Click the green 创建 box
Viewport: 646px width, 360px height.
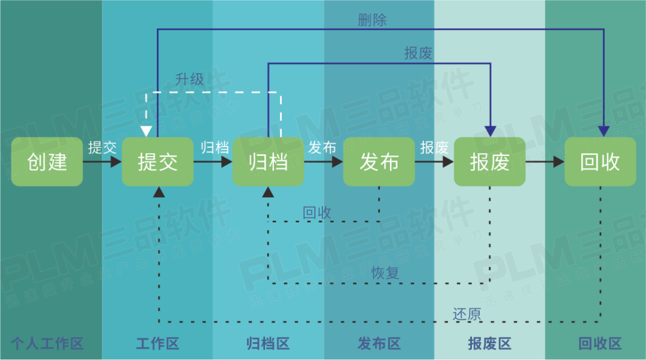47,161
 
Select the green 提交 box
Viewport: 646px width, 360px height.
157,161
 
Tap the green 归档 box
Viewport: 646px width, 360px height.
268,161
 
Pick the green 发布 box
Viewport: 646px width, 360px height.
379,161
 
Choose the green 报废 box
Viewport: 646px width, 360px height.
489,161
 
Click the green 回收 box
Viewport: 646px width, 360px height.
600,161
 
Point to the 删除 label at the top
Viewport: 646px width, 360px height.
372,20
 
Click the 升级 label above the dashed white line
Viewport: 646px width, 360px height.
190,79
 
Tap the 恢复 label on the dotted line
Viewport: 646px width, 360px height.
385,273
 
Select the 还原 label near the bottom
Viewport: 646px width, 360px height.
467,314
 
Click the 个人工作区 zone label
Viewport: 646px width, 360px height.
47,344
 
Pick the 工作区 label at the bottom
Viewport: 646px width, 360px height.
157,344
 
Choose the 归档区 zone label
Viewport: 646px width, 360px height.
268,344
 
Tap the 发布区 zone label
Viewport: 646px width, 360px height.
379,344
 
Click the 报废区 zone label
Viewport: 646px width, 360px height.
489,344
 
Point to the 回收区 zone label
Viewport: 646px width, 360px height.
600,344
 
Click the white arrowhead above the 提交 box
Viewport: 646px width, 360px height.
146,131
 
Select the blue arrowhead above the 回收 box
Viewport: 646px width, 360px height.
604,131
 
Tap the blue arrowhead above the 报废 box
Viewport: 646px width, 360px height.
490,131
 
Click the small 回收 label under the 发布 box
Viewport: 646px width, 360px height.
317,213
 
